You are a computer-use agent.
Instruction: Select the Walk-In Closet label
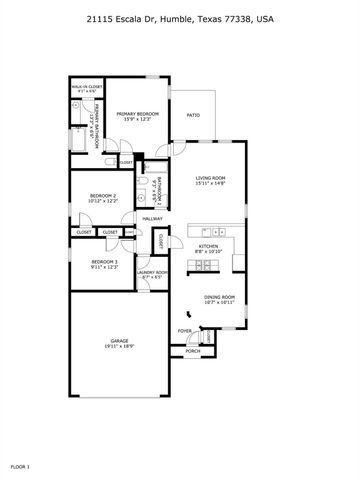tap(87, 87)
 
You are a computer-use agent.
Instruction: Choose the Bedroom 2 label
tap(104, 195)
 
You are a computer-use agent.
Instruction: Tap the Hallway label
tap(152, 219)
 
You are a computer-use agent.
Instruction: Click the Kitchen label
tap(208, 245)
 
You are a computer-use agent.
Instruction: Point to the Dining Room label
tap(219, 297)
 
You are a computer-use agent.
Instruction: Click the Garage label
tap(119, 342)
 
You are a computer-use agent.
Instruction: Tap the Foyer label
tap(185, 330)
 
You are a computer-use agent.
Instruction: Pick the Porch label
tap(193, 351)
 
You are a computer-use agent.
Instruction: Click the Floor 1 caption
tap(21, 466)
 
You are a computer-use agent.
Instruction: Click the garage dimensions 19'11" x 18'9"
tap(119, 348)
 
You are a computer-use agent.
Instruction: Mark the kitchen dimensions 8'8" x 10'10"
tap(208, 251)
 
